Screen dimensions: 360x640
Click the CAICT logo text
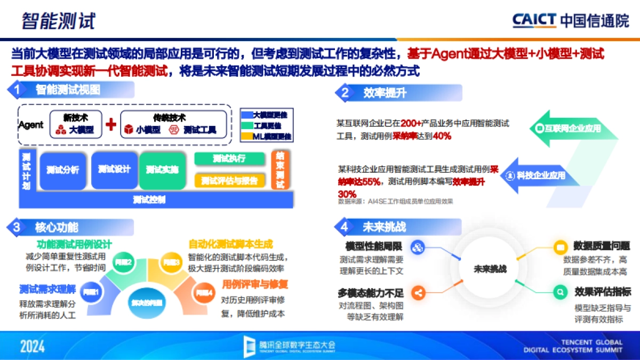point(534,20)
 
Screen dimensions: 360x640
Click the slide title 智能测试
point(58,21)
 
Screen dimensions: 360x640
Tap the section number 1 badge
point(17,90)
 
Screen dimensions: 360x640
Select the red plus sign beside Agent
point(111,125)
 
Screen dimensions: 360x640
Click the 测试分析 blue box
point(62,170)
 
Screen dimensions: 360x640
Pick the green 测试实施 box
point(162,170)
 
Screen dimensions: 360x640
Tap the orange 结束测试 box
point(281,170)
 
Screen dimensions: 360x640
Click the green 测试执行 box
point(229,158)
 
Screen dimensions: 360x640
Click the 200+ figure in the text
point(412,123)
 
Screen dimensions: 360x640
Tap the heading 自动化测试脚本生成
point(230,244)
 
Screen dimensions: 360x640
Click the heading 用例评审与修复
point(255,284)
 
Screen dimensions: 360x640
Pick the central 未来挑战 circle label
point(490,269)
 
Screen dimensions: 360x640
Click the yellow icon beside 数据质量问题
point(560,247)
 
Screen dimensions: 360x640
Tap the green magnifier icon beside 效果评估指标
point(560,292)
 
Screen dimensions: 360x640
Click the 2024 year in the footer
point(33,347)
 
